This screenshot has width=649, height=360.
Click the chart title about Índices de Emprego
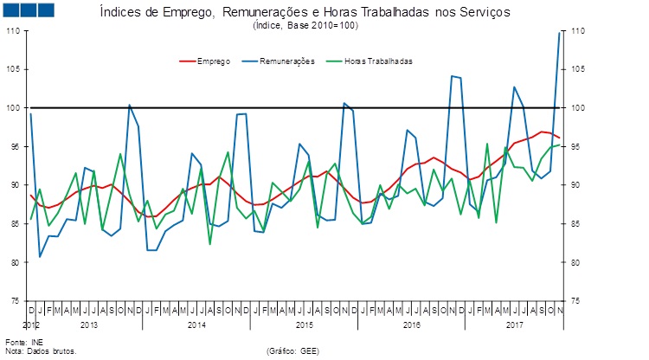305,14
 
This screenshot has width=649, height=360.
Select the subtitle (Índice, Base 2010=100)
305,27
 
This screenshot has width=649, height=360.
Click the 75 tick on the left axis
15,300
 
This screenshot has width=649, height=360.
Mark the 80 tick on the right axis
576,262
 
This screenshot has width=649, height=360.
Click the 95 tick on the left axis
15,146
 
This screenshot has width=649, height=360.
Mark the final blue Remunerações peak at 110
559,32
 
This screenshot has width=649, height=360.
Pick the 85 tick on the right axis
576,223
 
